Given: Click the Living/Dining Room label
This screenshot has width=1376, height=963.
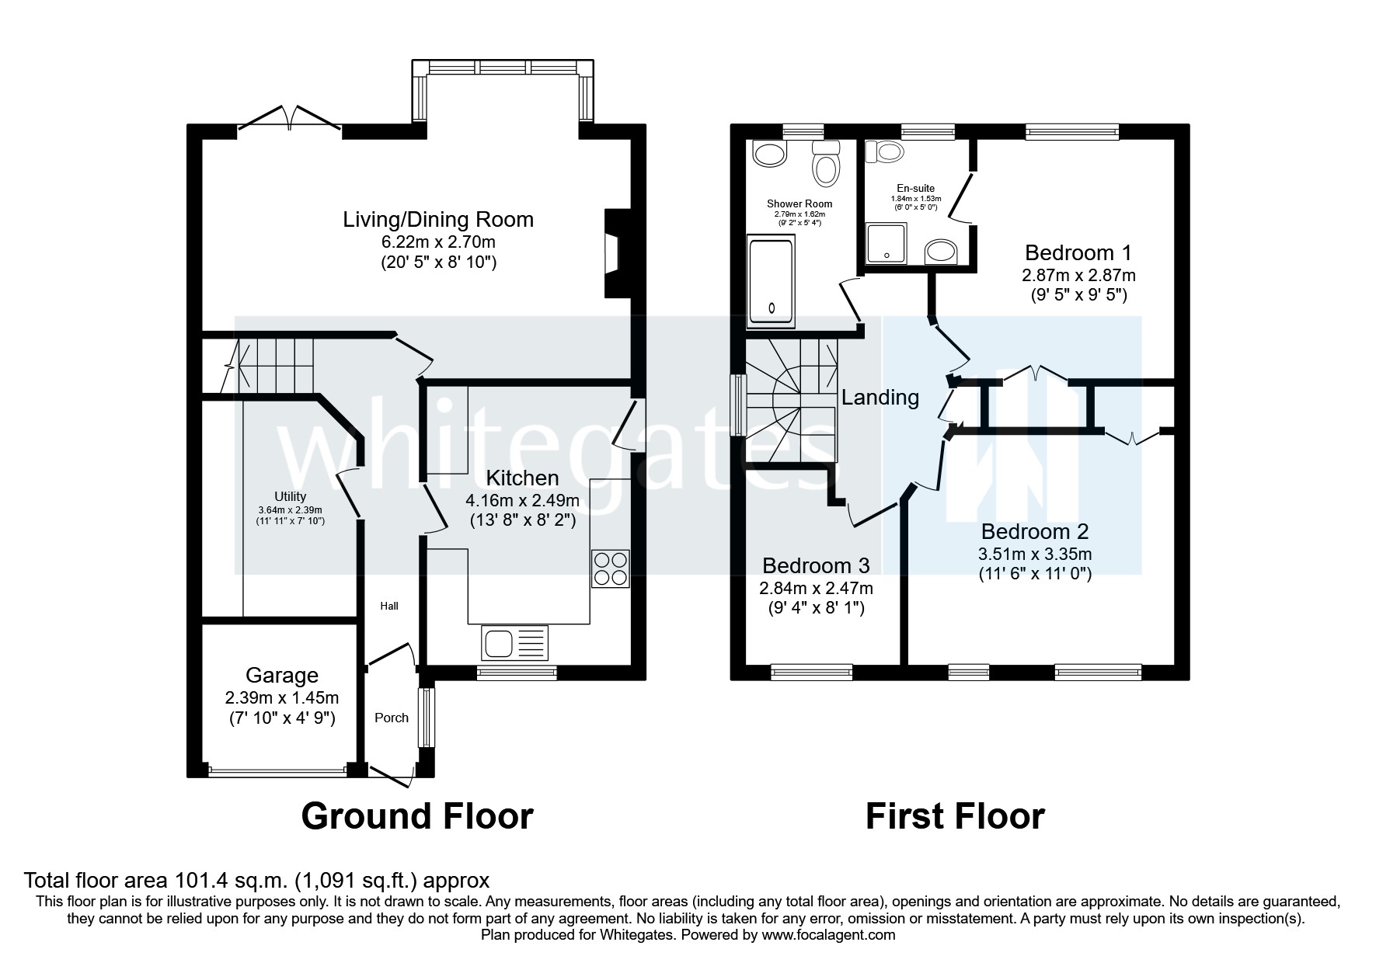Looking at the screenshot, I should coord(438,219).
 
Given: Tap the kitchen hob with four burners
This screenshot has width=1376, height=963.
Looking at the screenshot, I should coord(611,568).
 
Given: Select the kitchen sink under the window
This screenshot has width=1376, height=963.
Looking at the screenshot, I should coord(515,644).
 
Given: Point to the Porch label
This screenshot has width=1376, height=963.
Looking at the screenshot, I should coord(391,718).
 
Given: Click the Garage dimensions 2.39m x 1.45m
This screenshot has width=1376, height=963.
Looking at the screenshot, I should coord(282,697).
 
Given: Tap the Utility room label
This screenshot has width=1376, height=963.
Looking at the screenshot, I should coord(290,496).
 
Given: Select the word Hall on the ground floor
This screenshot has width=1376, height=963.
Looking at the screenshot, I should coord(389,606).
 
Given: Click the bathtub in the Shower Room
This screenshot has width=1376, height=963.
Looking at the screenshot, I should coord(770,283).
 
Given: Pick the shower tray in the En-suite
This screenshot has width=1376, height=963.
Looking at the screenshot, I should coord(887,243).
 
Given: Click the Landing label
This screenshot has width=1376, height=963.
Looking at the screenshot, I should coord(880,398).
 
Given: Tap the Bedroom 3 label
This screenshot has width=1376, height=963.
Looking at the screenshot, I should coord(816,565).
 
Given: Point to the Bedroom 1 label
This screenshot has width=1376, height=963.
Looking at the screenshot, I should coord(1078,252).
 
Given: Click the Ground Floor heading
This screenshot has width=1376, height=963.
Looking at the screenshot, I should coord(416,816).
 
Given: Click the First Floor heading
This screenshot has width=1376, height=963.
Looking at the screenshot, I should coord(955,816).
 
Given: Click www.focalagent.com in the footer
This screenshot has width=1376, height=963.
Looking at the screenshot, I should coord(828,935).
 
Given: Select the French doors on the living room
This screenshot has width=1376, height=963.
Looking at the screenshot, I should coord(290,120).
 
